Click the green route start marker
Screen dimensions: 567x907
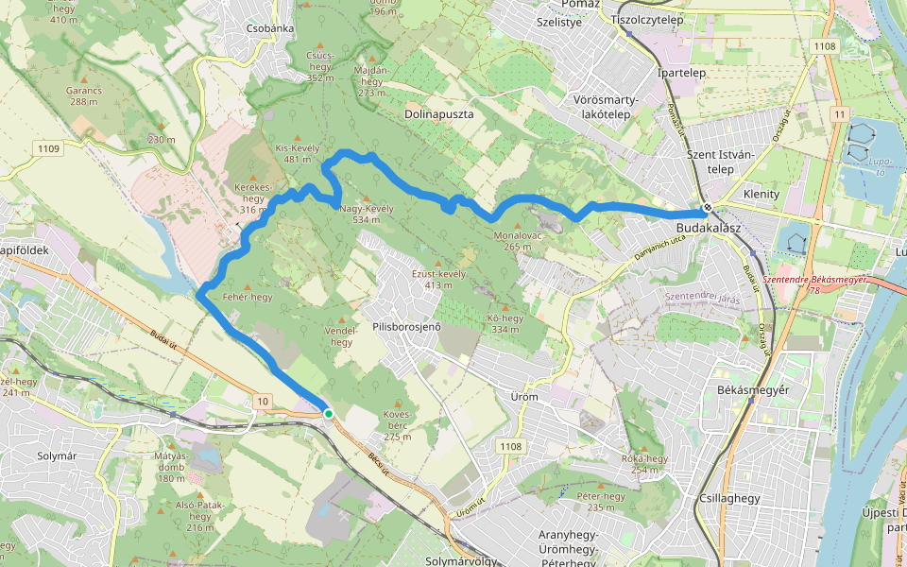[x=328, y=414]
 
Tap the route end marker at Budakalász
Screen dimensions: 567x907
[x=707, y=208]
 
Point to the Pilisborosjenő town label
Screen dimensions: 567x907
[x=407, y=327]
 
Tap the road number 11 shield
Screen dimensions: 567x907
[x=838, y=114]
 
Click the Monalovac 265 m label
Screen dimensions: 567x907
[x=518, y=241]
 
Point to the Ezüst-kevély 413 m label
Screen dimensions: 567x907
[x=439, y=279]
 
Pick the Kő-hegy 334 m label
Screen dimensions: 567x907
[x=505, y=323]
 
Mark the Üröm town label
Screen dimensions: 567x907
[x=524, y=397]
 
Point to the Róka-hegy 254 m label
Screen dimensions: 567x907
[x=644, y=464]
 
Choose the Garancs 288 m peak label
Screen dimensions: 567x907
[x=83, y=95]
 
